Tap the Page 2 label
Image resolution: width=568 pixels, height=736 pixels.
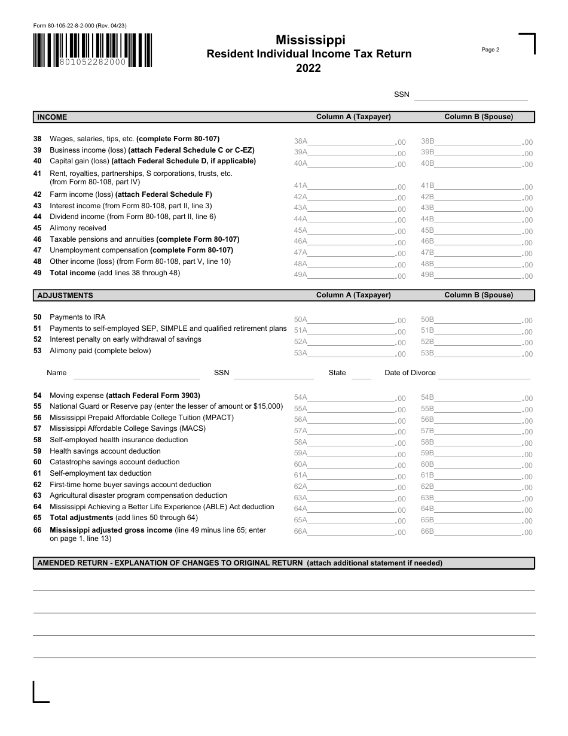click(x=490, y=50)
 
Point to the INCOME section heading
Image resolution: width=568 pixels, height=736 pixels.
click(x=53, y=117)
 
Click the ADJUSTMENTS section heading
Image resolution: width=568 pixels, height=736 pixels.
click(x=65, y=296)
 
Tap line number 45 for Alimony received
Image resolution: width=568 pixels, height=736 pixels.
click(x=37, y=228)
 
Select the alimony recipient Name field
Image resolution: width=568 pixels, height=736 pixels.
click(x=136, y=373)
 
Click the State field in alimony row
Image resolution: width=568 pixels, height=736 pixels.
click(x=361, y=373)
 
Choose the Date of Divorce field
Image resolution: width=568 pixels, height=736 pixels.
click(x=484, y=373)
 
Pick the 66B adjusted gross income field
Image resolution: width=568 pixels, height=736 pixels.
click(x=478, y=531)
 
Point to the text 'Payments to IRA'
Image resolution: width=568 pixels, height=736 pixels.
click(x=78, y=317)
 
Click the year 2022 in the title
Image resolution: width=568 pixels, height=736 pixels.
click(x=309, y=68)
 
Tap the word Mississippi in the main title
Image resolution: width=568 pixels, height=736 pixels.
click(x=310, y=40)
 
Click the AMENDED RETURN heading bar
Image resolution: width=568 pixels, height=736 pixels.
click(x=283, y=563)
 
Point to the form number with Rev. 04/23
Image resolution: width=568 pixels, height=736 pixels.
click(x=80, y=26)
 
